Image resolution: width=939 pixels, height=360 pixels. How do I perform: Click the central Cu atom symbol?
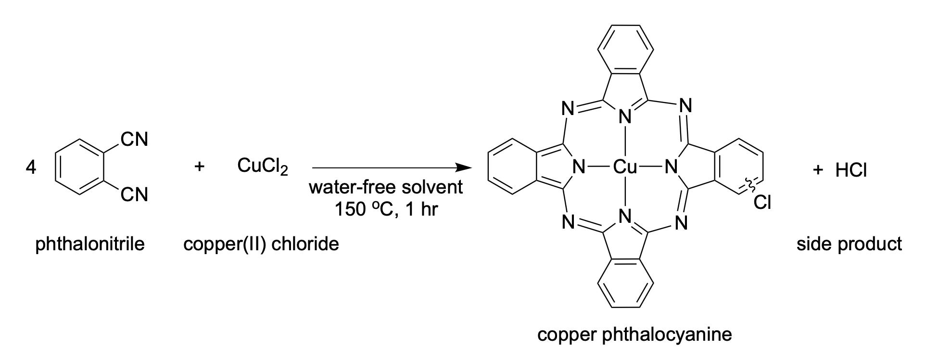(x=625, y=167)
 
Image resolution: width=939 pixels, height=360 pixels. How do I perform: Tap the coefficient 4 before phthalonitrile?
(x=31, y=168)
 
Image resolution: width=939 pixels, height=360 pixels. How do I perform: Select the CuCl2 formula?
(x=262, y=167)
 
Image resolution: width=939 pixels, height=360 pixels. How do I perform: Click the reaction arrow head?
(x=464, y=168)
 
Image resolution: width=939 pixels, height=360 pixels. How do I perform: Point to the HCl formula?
(x=851, y=169)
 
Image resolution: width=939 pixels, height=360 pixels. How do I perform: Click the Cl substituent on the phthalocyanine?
(x=762, y=202)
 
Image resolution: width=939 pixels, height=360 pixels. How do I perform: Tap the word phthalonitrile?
(x=90, y=244)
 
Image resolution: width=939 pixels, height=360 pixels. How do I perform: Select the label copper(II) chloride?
(x=261, y=244)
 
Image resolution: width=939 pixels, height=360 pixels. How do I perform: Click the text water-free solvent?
(x=386, y=187)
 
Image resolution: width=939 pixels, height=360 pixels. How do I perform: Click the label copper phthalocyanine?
(x=634, y=334)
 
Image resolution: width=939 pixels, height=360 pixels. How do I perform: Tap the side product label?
(x=849, y=244)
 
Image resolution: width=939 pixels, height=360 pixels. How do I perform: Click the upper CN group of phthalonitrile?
(x=135, y=139)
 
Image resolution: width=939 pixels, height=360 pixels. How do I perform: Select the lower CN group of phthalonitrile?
(x=135, y=195)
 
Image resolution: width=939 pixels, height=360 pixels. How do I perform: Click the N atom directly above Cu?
(x=625, y=116)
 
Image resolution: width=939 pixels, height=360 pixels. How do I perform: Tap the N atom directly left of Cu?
(x=579, y=167)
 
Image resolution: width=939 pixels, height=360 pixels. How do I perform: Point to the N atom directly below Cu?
(x=625, y=217)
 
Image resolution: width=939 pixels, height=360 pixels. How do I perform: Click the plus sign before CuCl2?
(x=199, y=167)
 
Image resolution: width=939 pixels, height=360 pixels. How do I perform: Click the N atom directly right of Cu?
(x=671, y=167)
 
